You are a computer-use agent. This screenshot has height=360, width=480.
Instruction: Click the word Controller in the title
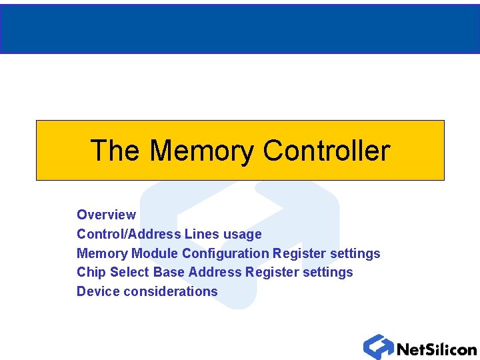click(x=326, y=151)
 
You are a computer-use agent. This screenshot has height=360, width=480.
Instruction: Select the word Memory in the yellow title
click(x=202, y=151)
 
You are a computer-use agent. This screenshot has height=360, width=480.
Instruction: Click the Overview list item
click(x=106, y=215)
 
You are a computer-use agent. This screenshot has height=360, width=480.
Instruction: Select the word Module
click(x=155, y=253)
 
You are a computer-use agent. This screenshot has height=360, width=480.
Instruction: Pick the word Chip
click(x=91, y=272)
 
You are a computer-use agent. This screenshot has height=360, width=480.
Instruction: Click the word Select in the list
click(x=129, y=272)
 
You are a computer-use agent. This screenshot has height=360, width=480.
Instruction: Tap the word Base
click(x=169, y=272)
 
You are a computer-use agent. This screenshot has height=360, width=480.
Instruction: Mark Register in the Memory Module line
click(x=299, y=253)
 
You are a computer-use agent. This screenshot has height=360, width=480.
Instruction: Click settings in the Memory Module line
click(x=355, y=253)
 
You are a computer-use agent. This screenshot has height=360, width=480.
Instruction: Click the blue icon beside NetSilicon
click(x=378, y=347)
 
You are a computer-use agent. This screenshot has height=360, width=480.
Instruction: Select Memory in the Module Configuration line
click(x=102, y=253)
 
